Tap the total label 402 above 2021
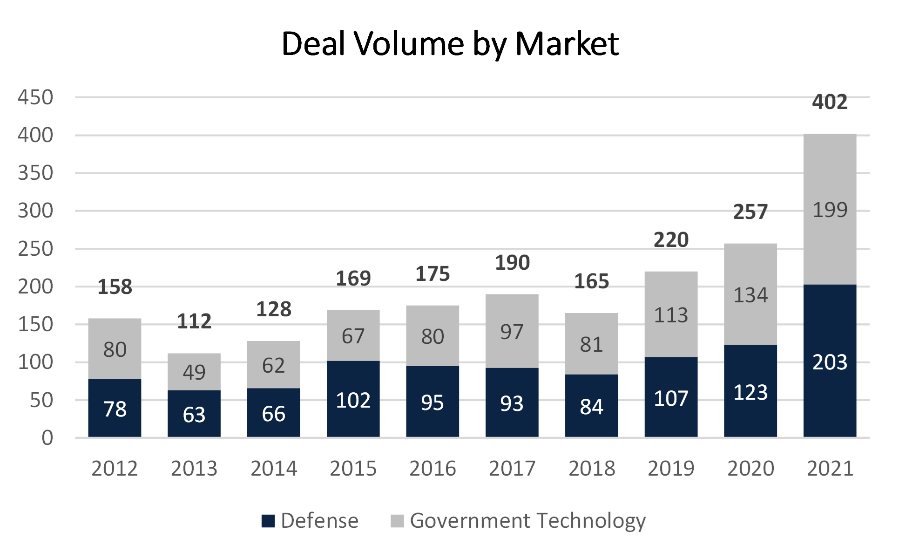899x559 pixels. pos(830,102)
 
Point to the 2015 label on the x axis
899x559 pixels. pos(353,468)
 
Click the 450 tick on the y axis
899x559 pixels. pos(35,98)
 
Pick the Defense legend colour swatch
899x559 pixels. pos(268,521)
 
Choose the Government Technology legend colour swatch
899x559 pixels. pos(397,521)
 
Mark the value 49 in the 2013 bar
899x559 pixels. pos(194,372)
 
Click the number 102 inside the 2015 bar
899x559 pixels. pos(353,401)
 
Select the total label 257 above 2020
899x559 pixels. pos(750,212)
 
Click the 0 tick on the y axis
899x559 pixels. pos(47,438)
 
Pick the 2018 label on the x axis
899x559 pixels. pos(592,468)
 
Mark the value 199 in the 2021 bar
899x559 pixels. pos(830,210)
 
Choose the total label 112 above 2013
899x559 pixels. pos(194,321)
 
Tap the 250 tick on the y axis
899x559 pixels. pos(35,249)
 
